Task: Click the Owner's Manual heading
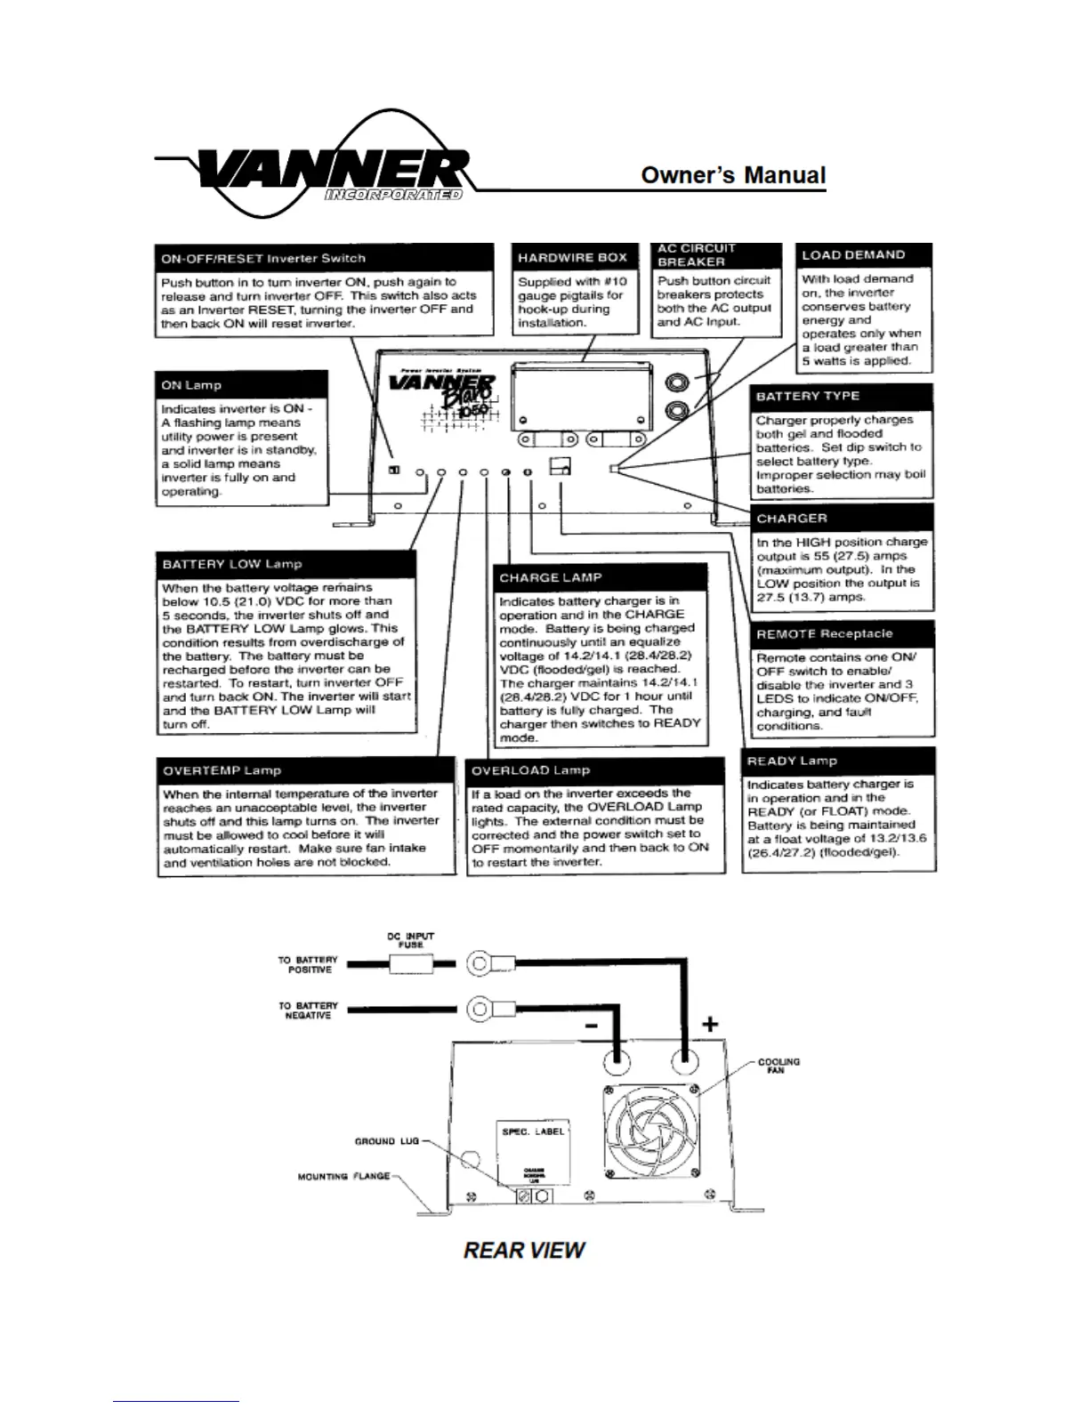click(x=733, y=175)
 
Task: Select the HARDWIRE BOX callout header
click(x=573, y=257)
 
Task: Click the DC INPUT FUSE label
click(x=410, y=940)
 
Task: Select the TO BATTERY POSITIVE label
click(x=308, y=964)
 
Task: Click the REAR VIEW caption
click(x=524, y=1250)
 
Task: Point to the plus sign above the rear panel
click(x=709, y=1024)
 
